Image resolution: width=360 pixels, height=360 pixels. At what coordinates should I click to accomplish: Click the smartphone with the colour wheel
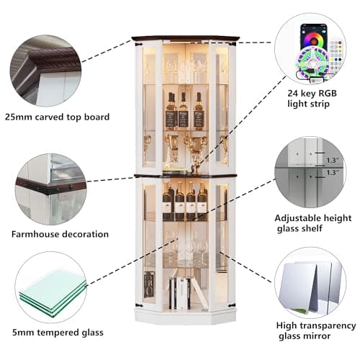314,37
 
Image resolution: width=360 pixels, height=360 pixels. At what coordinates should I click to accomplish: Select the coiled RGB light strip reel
312,63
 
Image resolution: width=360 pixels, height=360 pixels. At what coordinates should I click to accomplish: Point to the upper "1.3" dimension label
333,160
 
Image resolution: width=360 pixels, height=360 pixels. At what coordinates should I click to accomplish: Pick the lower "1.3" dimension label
333,172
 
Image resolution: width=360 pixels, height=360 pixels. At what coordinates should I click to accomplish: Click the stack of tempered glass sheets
53,291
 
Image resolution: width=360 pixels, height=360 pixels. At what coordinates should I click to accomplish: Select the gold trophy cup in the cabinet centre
196,150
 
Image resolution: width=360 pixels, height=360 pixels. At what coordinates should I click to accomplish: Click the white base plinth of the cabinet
185,315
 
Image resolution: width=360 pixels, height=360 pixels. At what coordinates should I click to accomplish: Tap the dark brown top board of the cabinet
186,38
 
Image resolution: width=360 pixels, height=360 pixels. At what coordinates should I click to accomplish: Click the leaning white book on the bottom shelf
199,293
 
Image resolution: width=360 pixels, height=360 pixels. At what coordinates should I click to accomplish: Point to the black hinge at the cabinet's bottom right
232,305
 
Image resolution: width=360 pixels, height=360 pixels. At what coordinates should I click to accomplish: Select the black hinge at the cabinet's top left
139,44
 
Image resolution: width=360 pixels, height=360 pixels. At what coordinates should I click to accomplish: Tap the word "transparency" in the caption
328,326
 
